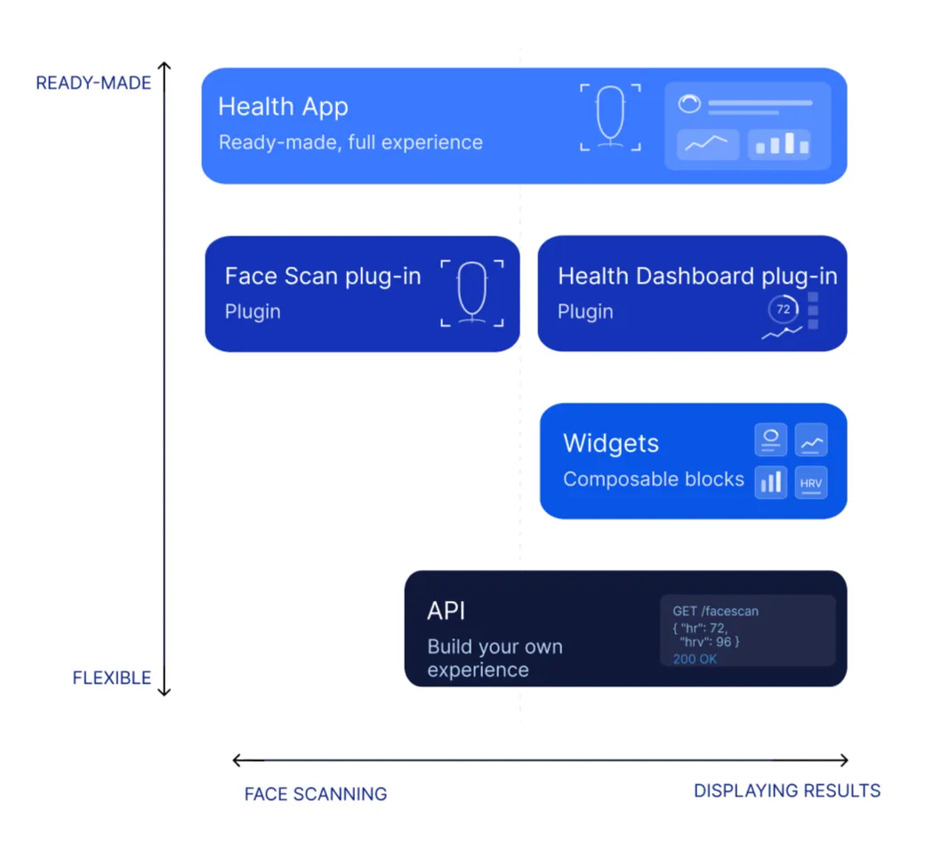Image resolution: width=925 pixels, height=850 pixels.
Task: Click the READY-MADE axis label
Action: (93, 84)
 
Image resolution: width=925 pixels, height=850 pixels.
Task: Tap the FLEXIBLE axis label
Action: (111, 678)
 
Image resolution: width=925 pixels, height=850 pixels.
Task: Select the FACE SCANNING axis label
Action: (316, 794)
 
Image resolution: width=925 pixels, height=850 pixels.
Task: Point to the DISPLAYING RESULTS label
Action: (787, 790)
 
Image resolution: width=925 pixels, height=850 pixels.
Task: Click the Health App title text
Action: (283, 107)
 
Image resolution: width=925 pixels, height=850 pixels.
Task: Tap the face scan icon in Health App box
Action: (610, 116)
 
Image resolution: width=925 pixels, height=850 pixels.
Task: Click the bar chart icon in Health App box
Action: (779, 144)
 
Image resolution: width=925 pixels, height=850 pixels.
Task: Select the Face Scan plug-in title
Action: (323, 276)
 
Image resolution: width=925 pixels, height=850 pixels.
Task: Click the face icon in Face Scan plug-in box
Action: (472, 293)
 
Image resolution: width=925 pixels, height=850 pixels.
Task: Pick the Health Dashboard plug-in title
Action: (698, 276)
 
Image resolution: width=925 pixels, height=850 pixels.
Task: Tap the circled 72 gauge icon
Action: (784, 309)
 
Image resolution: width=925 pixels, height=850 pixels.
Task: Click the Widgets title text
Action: (610, 443)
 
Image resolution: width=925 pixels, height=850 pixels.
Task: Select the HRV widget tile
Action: (811, 483)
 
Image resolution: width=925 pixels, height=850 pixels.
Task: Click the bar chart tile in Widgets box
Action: (771, 483)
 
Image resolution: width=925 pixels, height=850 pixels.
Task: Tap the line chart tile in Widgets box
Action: (811, 440)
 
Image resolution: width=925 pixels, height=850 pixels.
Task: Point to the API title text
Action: (446, 611)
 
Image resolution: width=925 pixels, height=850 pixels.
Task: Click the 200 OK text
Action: (695, 659)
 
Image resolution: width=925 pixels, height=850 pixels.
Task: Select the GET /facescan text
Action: (716, 611)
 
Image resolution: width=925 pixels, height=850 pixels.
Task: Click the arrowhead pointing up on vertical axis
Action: (165, 66)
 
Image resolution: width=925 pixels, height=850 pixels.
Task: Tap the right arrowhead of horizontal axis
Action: (844, 760)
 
